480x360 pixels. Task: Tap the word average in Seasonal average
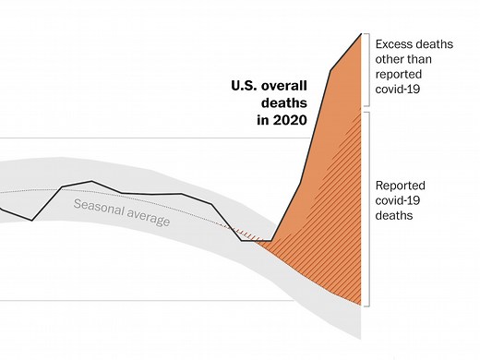click(x=148, y=219)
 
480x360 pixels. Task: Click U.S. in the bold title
click(x=246, y=87)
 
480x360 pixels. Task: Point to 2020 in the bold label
click(x=292, y=120)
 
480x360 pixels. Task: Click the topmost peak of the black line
click(x=361, y=33)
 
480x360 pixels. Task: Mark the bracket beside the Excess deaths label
click(x=367, y=72)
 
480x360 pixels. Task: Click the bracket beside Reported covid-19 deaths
click(x=367, y=209)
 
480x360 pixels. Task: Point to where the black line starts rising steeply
click(x=273, y=239)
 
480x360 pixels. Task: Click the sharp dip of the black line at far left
click(x=32, y=220)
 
